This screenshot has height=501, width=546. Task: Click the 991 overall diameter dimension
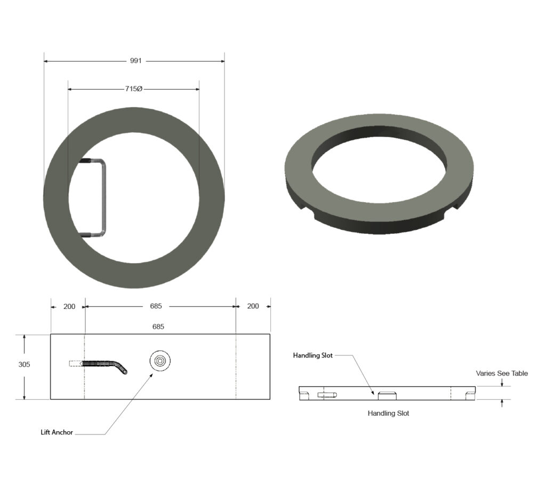click(x=136, y=61)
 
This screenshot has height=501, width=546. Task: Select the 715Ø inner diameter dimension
click(x=133, y=89)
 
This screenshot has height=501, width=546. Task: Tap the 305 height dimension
click(x=24, y=364)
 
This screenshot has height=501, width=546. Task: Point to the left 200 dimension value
click(x=69, y=306)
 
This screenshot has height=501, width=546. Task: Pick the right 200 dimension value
click(x=253, y=306)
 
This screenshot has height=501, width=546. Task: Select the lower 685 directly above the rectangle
click(x=158, y=326)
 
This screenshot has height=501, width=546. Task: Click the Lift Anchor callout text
click(x=57, y=432)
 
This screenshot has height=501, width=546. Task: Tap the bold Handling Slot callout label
click(x=312, y=355)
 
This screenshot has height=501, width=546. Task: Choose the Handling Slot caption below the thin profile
click(x=388, y=413)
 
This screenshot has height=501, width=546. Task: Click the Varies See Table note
click(x=502, y=373)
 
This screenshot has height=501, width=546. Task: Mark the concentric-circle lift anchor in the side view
click(x=160, y=361)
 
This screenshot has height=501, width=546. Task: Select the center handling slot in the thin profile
click(x=387, y=395)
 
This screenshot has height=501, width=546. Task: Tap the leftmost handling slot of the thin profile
click(x=304, y=395)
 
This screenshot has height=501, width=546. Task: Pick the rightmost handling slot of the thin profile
click(x=470, y=395)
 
